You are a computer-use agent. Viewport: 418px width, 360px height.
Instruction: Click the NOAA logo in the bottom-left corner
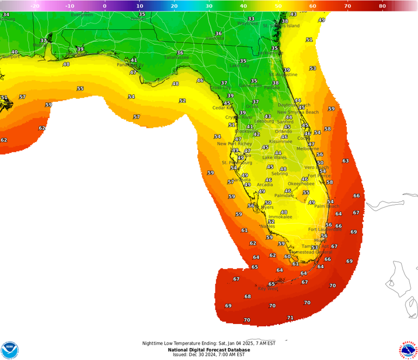[x=10, y=350]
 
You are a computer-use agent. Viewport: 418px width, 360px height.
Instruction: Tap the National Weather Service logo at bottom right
[x=408, y=350]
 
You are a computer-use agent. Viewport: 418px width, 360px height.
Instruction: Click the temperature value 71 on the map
[x=290, y=318]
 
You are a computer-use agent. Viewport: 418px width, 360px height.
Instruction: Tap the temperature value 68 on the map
[x=248, y=296]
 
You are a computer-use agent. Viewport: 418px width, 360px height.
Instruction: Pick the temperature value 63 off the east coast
[x=346, y=161]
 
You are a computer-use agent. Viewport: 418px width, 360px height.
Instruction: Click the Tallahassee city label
[x=176, y=57]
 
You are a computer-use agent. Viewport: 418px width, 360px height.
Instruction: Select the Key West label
[x=268, y=289]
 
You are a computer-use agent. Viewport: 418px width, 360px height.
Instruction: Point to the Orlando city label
[x=284, y=131]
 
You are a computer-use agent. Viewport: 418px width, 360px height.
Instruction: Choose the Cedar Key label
[x=223, y=108]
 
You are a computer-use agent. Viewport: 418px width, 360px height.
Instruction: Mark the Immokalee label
[x=280, y=217]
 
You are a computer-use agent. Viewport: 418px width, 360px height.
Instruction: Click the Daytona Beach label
[x=294, y=105]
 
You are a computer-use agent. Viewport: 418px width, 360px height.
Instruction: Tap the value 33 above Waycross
[x=251, y=19]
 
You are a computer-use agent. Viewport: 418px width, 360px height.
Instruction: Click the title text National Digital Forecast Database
[x=208, y=349]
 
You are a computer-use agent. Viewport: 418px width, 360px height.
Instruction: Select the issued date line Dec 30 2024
[x=208, y=355]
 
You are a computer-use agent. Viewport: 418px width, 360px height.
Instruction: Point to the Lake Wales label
[x=275, y=157]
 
